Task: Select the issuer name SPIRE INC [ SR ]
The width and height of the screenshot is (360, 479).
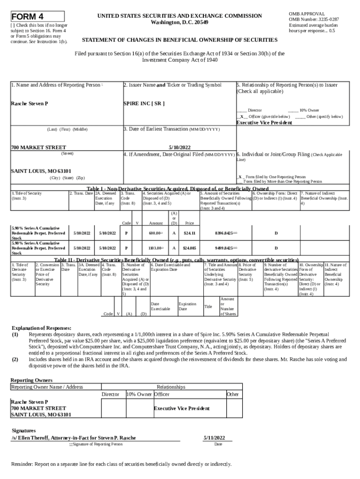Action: click(x=144, y=103)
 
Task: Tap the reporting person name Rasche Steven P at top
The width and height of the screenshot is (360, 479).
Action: click(x=29, y=103)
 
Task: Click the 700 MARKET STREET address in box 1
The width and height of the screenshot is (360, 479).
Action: click(x=38, y=147)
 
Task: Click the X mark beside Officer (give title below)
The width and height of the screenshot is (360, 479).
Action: click(x=241, y=116)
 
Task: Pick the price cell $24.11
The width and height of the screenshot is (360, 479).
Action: click(x=189, y=232)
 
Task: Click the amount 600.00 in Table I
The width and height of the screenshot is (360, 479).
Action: click(x=155, y=232)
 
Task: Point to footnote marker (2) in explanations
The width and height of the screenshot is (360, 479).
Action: click(x=15, y=359)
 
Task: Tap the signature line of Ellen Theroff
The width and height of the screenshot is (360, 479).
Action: click(x=74, y=438)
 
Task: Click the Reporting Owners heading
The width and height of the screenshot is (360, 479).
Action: click(x=32, y=380)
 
